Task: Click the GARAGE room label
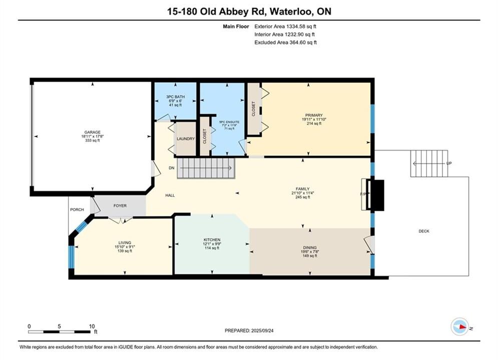point(93,132)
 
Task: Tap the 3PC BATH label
point(175,96)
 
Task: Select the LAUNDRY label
point(186,139)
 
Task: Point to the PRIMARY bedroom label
point(314,115)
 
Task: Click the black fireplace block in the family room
point(376,195)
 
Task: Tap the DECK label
point(424,231)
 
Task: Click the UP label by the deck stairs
point(449,163)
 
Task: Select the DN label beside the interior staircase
point(172,168)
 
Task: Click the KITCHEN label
point(212,240)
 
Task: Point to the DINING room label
point(310,247)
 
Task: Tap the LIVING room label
point(125,242)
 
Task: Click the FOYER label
point(120,206)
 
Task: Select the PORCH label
point(77,209)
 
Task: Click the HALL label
point(170,195)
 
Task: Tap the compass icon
point(459,326)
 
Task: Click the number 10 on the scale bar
point(92,326)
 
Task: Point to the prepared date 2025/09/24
point(262,330)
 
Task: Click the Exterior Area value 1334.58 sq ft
point(301,26)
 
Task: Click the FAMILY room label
point(302,189)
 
